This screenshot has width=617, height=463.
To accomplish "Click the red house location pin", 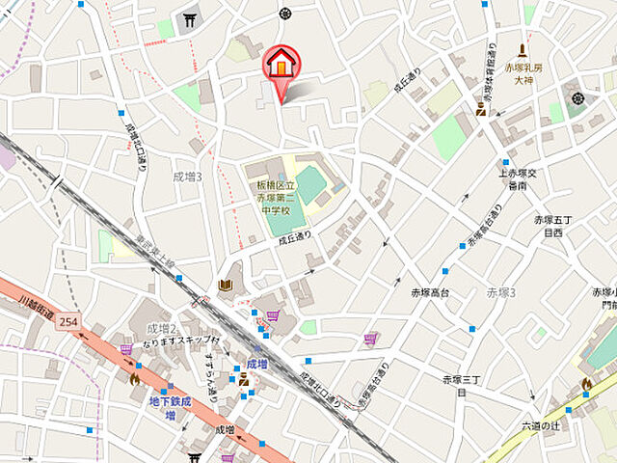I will click(281, 66).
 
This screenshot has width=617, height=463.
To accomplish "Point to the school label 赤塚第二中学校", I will click(276, 196).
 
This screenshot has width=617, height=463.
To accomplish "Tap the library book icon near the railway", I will click(225, 285).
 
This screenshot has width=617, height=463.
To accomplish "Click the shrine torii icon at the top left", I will click(190, 19).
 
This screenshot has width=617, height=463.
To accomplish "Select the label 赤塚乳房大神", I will click(523, 75).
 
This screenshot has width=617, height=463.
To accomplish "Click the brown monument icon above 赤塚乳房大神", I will click(523, 50).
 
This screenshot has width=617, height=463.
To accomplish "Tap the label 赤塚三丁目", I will click(461, 385).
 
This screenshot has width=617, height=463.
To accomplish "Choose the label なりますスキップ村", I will click(181, 341).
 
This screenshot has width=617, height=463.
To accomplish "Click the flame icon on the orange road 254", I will click(134, 379).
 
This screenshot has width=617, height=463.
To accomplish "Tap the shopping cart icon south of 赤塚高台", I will click(370, 339).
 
